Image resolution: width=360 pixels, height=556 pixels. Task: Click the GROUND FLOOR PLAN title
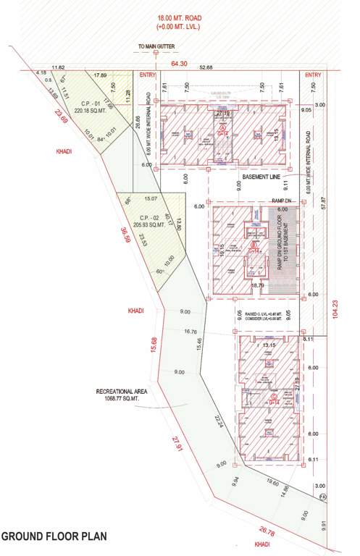[54, 536]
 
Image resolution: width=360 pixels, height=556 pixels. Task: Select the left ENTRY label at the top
[148, 75]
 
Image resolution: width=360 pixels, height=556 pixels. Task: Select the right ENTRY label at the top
[312, 75]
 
